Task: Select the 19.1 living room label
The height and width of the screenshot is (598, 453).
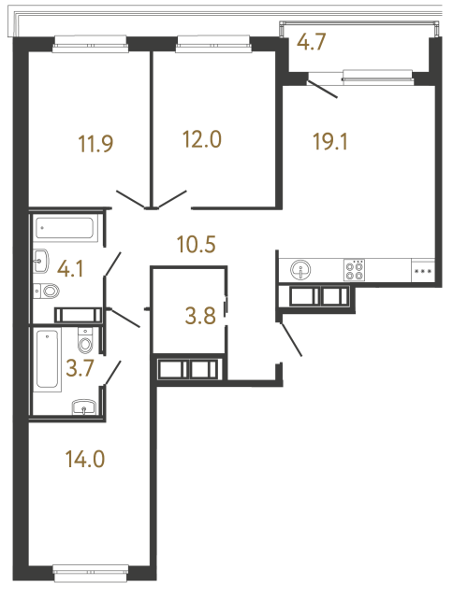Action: tap(329, 141)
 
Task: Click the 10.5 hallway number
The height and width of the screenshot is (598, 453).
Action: tap(197, 246)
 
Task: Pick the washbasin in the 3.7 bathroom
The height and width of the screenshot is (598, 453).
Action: tap(84, 405)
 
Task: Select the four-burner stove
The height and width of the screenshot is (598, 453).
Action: tap(356, 270)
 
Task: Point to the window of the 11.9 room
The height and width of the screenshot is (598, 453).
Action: tap(90, 39)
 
